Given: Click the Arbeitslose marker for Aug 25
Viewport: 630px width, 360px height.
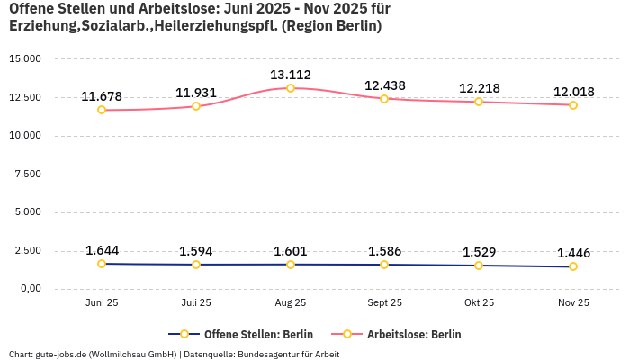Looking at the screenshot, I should pos(291,88).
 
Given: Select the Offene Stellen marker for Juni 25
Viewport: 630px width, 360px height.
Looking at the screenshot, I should pos(102,264).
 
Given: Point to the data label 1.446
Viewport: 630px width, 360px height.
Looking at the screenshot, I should pos(573,253).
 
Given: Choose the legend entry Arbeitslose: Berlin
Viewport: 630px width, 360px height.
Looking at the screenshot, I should pos(406,334).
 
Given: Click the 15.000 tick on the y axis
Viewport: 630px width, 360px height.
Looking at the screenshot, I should pos(25,59).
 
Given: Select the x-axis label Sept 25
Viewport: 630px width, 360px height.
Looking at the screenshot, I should pos(384,303).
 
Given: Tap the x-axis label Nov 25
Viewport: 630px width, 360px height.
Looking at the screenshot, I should pos(573,303).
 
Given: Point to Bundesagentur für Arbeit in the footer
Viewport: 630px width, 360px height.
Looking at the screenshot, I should pos(288,354).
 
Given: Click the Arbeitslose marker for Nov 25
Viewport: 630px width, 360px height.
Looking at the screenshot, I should pos(573,105).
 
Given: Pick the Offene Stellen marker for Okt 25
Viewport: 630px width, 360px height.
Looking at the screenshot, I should pos(479,265).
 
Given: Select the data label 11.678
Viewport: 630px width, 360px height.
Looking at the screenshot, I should pos(102,96).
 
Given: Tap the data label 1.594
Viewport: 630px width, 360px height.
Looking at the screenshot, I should pos(196,251).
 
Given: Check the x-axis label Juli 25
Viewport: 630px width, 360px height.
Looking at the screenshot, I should pos(196,303).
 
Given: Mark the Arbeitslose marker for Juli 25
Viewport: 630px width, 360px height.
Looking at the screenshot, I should pos(196,106).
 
